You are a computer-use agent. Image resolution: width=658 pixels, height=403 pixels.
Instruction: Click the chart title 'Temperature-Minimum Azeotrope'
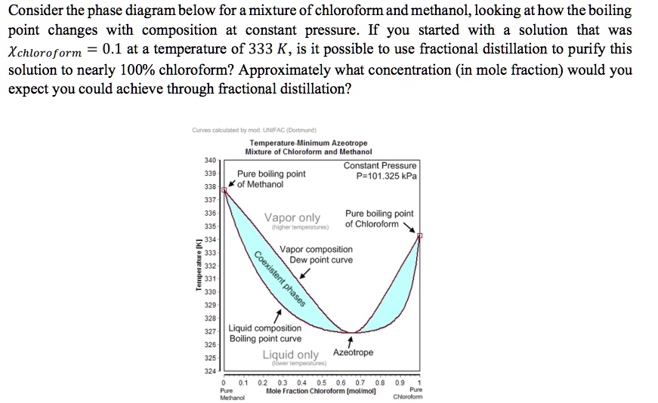pos(308,143)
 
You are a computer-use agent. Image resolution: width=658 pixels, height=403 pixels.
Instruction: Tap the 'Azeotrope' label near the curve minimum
pos(353,352)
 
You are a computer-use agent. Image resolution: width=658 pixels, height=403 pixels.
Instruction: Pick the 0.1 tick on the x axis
pos(243,383)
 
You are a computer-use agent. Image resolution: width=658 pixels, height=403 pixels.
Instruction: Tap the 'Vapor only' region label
pos(292,218)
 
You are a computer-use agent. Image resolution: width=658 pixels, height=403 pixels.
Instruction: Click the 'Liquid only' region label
pos(291,355)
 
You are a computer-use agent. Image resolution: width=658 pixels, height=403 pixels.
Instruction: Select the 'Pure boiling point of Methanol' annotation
pos(271,179)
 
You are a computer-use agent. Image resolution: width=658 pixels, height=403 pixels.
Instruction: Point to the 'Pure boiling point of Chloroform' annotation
pos(379,219)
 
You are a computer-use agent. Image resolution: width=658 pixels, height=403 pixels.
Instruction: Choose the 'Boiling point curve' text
pos(265,339)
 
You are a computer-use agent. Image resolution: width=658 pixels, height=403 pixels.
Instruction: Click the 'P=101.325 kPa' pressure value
pos(386,177)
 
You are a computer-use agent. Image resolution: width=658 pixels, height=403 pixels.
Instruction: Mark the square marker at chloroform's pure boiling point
pos(420,236)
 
